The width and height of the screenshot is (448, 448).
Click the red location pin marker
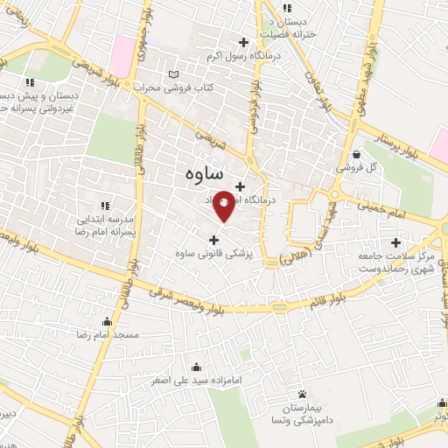point(224,205)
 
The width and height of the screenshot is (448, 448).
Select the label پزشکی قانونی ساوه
point(213,254)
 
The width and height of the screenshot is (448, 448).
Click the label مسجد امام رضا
point(107,335)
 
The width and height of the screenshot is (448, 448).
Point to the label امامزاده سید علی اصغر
point(196,381)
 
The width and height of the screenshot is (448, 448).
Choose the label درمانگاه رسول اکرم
point(242,57)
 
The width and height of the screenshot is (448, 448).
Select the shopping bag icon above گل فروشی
point(356,153)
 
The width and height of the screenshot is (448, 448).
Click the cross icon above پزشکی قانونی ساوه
point(213,240)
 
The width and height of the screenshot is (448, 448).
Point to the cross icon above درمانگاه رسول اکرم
point(243,43)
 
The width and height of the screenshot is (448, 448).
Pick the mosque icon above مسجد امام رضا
point(107,321)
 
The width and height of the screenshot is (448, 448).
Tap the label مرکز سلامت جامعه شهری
point(396,260)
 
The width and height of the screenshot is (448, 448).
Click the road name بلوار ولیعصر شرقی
point(189,297)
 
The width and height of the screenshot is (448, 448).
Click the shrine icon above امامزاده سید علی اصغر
point(196,367)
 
